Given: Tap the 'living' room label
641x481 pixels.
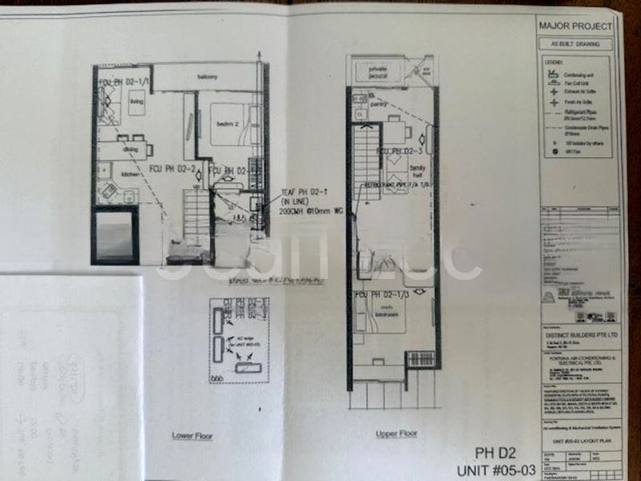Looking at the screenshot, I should pos(135,103).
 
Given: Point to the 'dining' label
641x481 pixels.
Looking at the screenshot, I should pos(131,149).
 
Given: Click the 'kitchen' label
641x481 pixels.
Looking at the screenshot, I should pos(108,173).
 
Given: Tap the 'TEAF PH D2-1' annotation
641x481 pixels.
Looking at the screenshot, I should pos(301,193).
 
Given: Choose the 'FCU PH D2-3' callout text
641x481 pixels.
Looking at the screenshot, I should pos(400,151).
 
